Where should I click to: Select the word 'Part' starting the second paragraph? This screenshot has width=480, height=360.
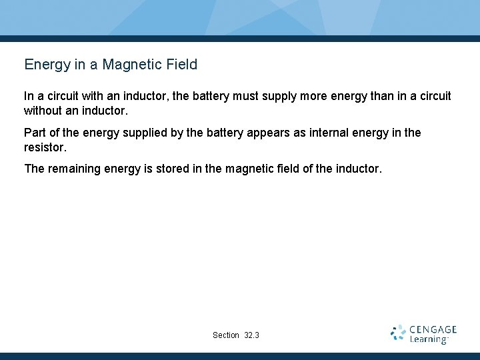[35, 133]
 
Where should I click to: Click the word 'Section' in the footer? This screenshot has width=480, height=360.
[226, 335]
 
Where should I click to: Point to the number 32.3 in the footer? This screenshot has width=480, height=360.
[251, 335]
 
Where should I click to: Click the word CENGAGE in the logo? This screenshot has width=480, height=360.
[433, 329]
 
